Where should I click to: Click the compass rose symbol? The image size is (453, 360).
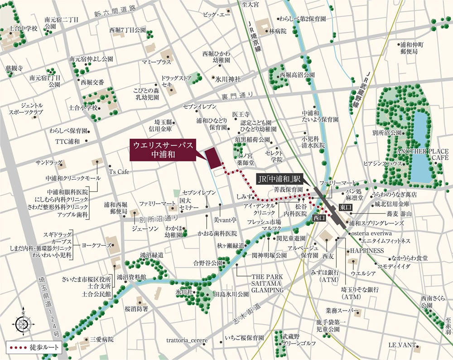[x=22, y=323]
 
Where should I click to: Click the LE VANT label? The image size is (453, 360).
[x=401, y=345]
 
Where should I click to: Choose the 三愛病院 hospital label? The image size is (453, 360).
[x=101, y=339]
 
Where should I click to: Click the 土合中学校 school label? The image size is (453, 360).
[x=23, y=28]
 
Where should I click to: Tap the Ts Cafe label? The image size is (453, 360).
[x=119, y=172]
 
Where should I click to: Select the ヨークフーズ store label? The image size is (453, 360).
[x=96, y=244]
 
